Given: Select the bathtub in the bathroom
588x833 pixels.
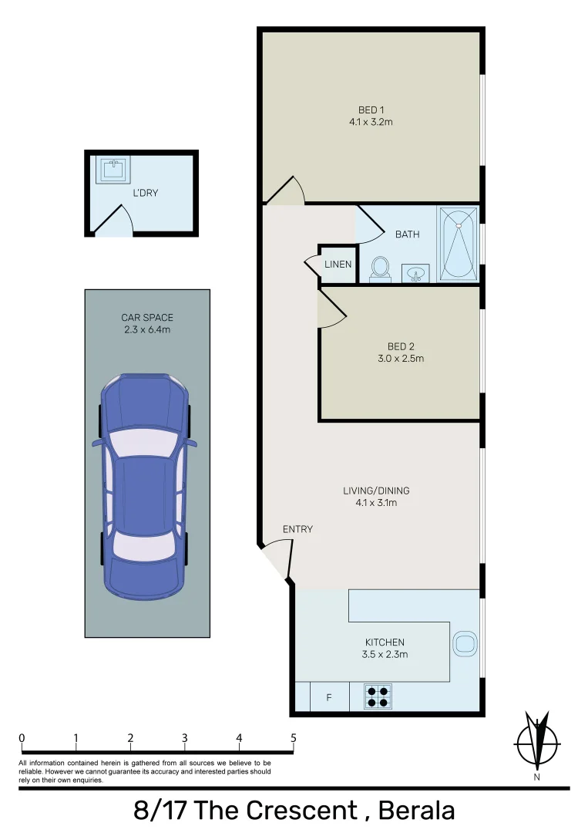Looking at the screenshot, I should pos(459,244).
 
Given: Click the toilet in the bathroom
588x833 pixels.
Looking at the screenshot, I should pos(379,268).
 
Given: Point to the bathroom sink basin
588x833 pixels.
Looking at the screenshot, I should pos(415,274).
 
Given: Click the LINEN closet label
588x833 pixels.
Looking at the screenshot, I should pos(338,265).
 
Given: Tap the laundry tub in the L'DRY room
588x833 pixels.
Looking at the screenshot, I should pos(113,169).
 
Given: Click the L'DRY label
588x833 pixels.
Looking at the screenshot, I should pos(145,193).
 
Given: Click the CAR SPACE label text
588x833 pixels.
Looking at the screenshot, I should pos(146,318).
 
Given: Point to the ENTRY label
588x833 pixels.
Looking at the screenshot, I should pos(297,529).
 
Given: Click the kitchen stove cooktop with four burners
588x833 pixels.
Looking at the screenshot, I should pos(377,696).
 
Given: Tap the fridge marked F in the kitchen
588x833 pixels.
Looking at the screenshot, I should pos(329,698).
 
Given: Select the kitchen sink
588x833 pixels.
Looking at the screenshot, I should pos(465,643).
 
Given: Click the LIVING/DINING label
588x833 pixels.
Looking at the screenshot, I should pos(376,491).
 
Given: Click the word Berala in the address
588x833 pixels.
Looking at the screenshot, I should pos(412,811).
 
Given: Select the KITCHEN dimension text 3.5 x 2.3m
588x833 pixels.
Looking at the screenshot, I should pos(385,655).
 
